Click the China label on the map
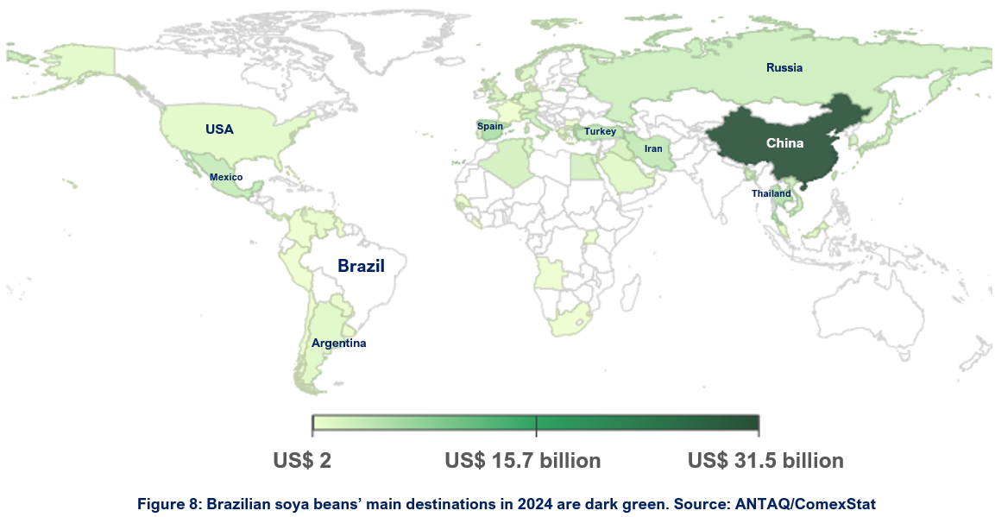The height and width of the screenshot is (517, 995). pos(784,143)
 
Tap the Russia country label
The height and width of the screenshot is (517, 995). pos(784,67)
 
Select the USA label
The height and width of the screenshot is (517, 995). pos(219,129)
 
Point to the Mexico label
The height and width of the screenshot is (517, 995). pos(226,177)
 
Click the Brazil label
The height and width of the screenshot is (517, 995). pos(361,266)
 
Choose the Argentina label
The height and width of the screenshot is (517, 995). pos(339,344)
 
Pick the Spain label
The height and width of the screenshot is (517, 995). pos(490,126)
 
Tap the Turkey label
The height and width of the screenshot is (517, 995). pos(600,131)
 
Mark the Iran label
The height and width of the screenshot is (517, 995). pos(653,148)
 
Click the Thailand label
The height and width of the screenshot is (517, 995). pos(771,193)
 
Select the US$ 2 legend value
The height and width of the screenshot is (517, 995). pos(302,461)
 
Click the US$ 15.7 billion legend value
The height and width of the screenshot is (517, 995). pos(523,461)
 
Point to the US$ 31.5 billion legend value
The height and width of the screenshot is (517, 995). pos(765,461)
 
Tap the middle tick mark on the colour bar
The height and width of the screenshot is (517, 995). pos(537,425)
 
